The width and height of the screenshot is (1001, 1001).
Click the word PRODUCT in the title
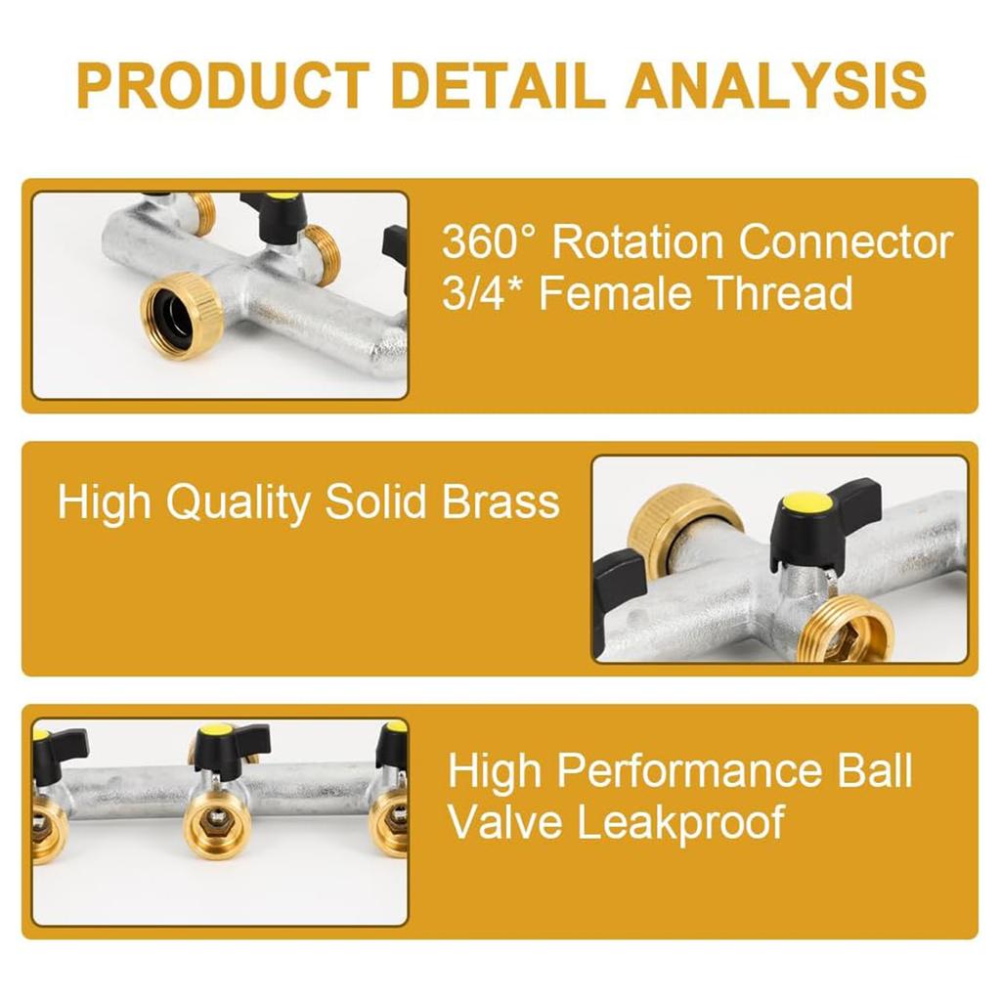[224, 86]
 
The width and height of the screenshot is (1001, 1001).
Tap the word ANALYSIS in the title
[777, 86]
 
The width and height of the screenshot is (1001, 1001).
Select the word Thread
[781, 293]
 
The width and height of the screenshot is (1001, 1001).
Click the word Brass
[501, 501]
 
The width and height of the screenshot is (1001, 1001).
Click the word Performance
[689, 770]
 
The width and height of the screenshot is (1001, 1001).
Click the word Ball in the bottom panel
[875, 770]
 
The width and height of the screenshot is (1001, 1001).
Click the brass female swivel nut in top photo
[182, 316]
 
